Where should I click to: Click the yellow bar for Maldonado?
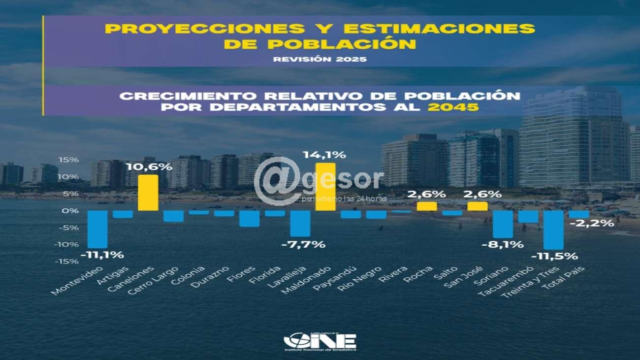coord(325,187)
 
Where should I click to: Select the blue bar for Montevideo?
coord(97,229)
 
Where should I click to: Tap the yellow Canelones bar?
coord(148,193)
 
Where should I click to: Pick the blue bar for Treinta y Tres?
coord(553,230)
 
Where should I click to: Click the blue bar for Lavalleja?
coord(300,224)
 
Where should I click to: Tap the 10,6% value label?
coord(155,166)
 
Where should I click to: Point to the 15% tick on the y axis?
coord(70,160)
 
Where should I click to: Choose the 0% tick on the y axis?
coord(72,211)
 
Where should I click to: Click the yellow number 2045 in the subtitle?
coord(453,106)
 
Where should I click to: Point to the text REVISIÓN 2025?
coord(320,59)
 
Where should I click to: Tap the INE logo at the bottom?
coord(320,341)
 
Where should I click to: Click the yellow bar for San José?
coord(477,206)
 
